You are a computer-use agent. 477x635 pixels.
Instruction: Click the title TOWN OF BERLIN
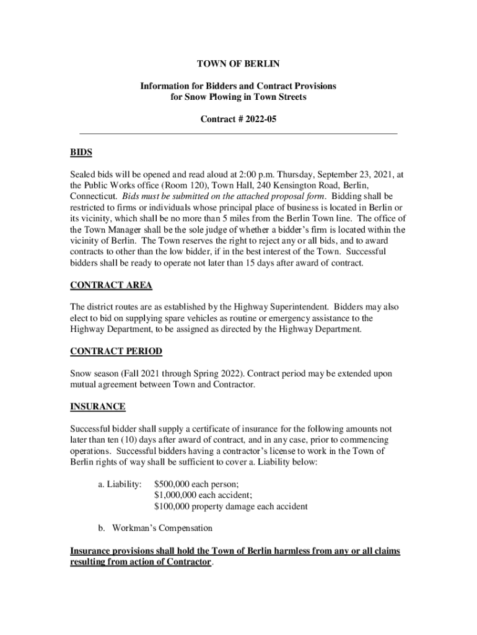[238, 64]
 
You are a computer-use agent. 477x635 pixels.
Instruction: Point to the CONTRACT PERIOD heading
[116, 352]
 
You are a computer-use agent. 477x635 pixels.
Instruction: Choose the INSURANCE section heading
[98, 407]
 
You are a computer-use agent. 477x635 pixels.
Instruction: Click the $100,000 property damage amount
[230, 507]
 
